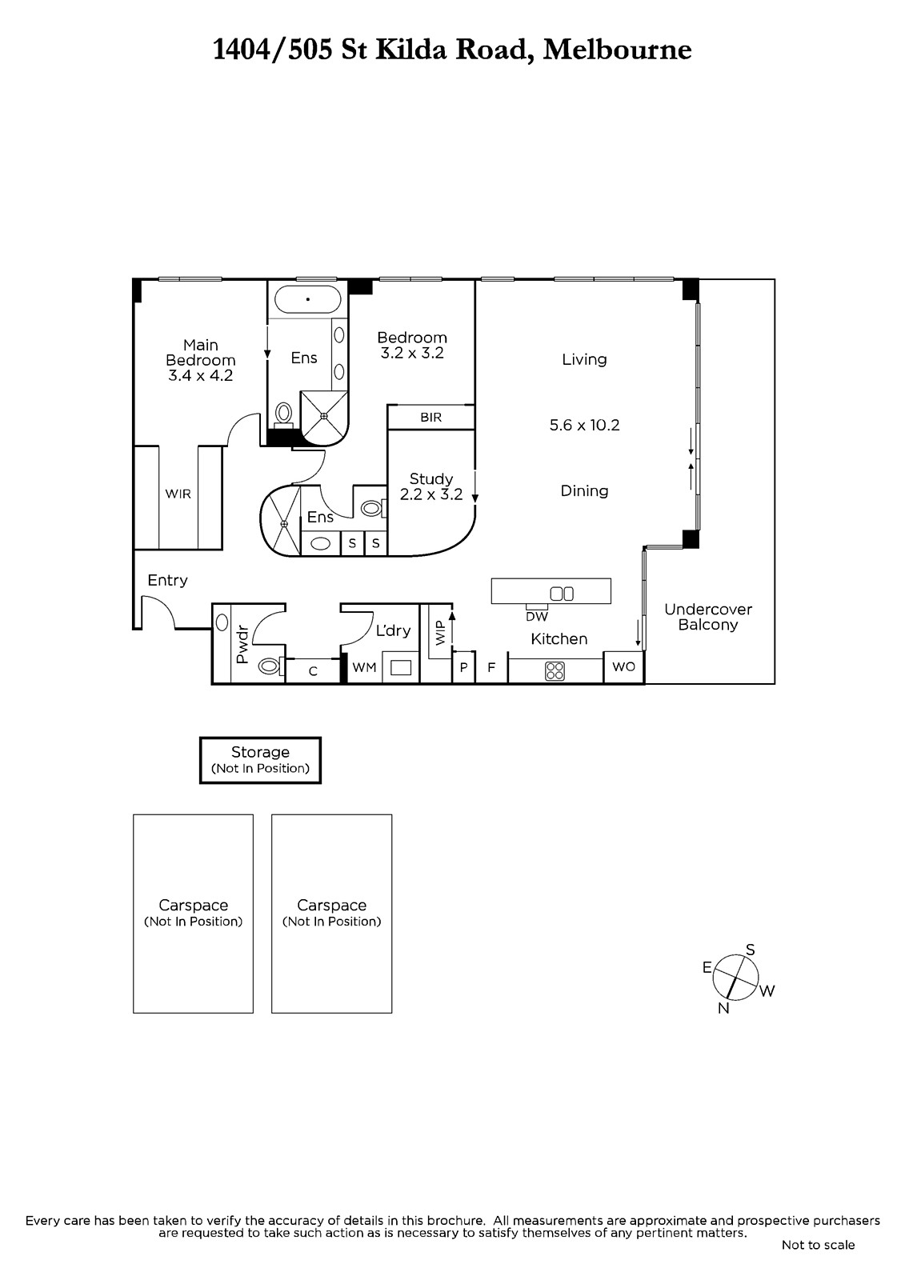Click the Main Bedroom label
click(201, 360)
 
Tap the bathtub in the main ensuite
click(307, 299)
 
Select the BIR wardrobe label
click(431, 417)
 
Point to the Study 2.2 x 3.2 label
click(431, 486)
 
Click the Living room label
click(584, 359)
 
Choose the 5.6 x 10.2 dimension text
click(584, 425)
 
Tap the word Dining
click(584, 491)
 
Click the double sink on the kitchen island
click(562, 594)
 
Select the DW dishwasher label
click(537, 617)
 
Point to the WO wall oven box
click(623, 667)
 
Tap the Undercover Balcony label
click(708, 617)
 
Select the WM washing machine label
click(364, 667)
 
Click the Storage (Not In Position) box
click(260, 760)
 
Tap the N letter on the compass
click(723, 1009)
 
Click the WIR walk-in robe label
click(178, 494)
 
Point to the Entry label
click(167, 581)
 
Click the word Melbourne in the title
click(617, 50)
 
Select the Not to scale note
click(818, 1245)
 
